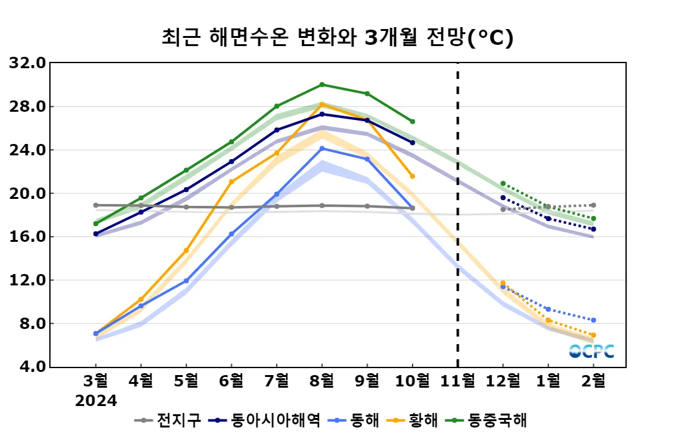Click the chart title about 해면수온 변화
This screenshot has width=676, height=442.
pyautogui.click(x=337, y=37)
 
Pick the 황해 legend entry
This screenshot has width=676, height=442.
pyautogui.click(x=416, y=420)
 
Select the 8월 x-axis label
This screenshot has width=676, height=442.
pyautogui.click(x=322, y=381)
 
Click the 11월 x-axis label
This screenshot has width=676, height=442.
pyautogui.click(x=457, y=381)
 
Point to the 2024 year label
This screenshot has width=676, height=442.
pyautogui.click(x=96, y=401)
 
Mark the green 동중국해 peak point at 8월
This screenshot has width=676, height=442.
pyautogui.click(x=322, y=85)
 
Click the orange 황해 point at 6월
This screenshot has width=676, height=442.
pyautogui.click(x=231, y=182)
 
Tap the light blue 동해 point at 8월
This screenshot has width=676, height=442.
pyautogui.click(x=322, y=148)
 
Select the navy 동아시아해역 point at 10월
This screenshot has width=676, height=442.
pyautogui.click(x=413, y=143)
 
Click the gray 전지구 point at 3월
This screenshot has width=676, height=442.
pyautogui.click(x=95, y=205)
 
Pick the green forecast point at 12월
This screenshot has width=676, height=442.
pyautogui.click(x=503, y=183)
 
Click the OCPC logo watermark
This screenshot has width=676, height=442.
pyautogui.click(x=591, y=351)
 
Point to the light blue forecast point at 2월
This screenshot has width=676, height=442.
pyautogui.click(x=593, y=320)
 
